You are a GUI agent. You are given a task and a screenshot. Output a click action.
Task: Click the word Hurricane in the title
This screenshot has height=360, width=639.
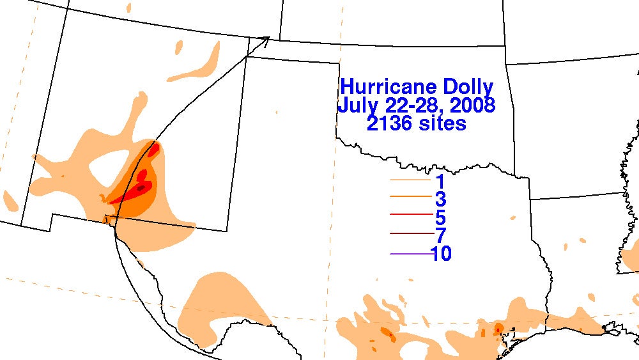tap(386, 87)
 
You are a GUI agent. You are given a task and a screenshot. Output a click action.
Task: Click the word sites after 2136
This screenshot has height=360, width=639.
tap(442, 122)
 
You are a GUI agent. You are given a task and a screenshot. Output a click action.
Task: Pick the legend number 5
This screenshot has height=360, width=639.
tap(441, 218)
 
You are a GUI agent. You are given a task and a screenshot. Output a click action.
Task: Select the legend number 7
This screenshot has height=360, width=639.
tap(441, 236)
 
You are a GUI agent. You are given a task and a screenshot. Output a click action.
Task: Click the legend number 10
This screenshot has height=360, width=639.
tap(441, 254)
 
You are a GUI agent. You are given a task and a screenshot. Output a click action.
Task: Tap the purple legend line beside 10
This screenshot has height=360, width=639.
tap(410, 254)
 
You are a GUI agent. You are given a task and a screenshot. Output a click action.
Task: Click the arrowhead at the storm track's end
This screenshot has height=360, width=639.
tap(266, 40)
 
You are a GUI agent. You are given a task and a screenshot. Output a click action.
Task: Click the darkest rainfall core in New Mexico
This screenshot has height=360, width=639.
tap(141, 187)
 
